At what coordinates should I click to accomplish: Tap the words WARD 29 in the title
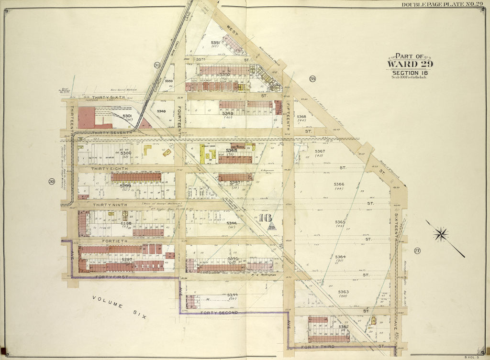click(x=410, y=64)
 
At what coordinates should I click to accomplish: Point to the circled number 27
click(x=417, y=251)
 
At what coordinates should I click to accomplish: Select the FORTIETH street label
click(x=114, y=241)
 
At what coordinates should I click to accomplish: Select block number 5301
click(x=127, y=116)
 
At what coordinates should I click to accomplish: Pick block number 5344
click(x=232, y=295)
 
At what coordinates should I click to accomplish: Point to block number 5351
click(x=215, y=43)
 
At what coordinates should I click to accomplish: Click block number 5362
click(x=344, y=327)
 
